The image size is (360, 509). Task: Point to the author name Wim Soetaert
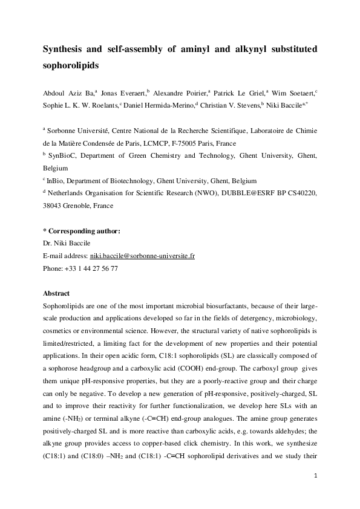coord(294,93)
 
